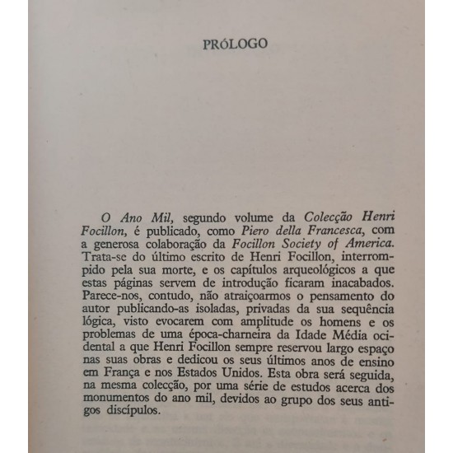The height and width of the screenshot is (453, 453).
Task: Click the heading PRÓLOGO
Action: pos(235,44)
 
